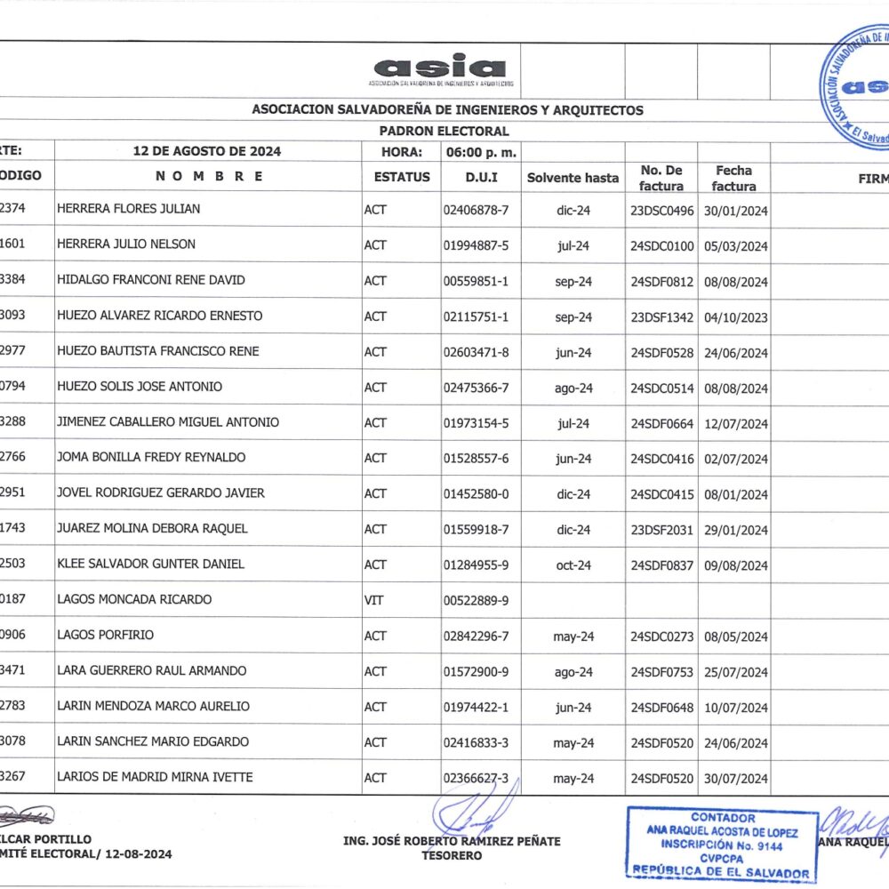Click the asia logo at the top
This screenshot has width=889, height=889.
[440, 68]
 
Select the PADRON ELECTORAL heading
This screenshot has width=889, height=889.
[444, 132]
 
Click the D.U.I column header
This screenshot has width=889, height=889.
[481, 177]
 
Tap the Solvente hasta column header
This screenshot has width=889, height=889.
[573, 178]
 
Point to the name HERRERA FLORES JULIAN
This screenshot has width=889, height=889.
[128, 209]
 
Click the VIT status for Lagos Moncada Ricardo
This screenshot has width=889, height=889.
[374, 600]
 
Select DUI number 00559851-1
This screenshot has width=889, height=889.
[476, 281]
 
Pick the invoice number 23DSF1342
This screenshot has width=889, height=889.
[661, 317]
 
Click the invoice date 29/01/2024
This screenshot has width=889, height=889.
[734, 531]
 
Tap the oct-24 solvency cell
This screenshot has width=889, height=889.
[573, 565]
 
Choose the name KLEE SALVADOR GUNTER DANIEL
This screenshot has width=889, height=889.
[150, 565]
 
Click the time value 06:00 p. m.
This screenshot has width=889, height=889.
[481, 152]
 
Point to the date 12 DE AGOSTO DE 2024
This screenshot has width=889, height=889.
[207, 151]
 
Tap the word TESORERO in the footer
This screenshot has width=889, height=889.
[452, 855]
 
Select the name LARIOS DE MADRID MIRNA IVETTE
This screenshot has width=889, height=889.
[155, 778]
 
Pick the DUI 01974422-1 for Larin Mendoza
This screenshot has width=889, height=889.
[476, 708]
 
